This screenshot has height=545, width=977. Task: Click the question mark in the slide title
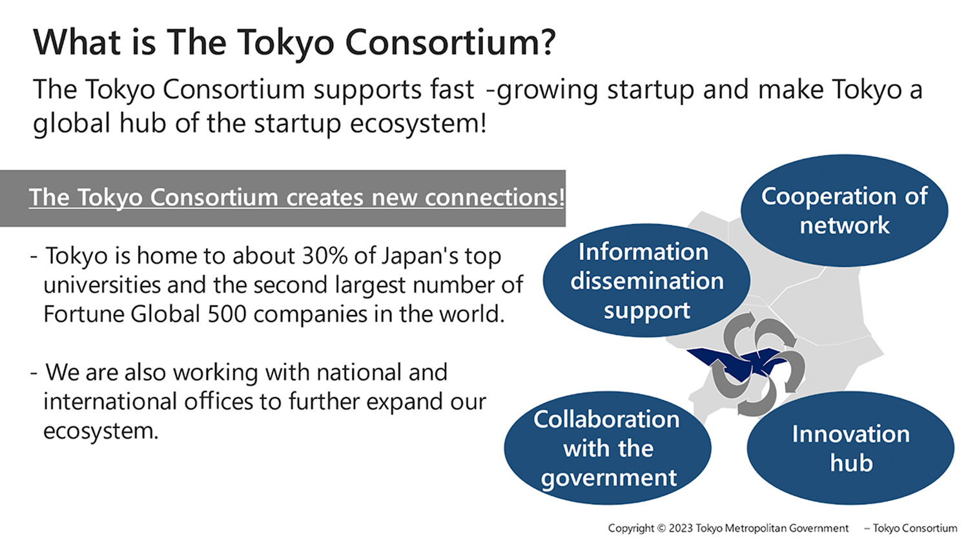tap(545, 42)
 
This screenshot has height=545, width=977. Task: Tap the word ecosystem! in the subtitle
tap(418, 124)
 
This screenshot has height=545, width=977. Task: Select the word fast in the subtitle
tap(452, 89)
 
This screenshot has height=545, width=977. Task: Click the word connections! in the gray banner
tap(495, 197)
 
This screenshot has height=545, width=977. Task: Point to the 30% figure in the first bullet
tap(325, 256)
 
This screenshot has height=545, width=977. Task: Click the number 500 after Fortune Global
tap(227, 314)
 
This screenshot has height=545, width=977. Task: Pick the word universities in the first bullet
tap(102, 285)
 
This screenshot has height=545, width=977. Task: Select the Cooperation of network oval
tap(845, 211)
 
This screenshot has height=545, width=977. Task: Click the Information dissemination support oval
tap(646, 280)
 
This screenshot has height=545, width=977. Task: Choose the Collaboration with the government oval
tap(608, 447)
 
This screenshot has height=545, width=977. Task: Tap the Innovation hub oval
tap(850, 447)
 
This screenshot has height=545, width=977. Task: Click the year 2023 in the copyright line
tap(681, 528)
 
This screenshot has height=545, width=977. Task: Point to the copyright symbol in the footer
tap(661, 528)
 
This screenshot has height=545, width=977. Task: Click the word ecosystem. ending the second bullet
tap(101, 431)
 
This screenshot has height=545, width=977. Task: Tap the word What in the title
tap(77, 42)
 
